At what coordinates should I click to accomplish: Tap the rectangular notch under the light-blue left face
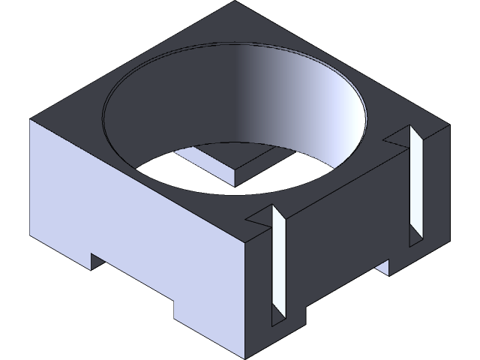click(131, 281)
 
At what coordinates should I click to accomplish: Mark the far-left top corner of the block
click(31, 119)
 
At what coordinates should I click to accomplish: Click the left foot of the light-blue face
click(60, 247)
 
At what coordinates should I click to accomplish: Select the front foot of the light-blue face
click(210, 330)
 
